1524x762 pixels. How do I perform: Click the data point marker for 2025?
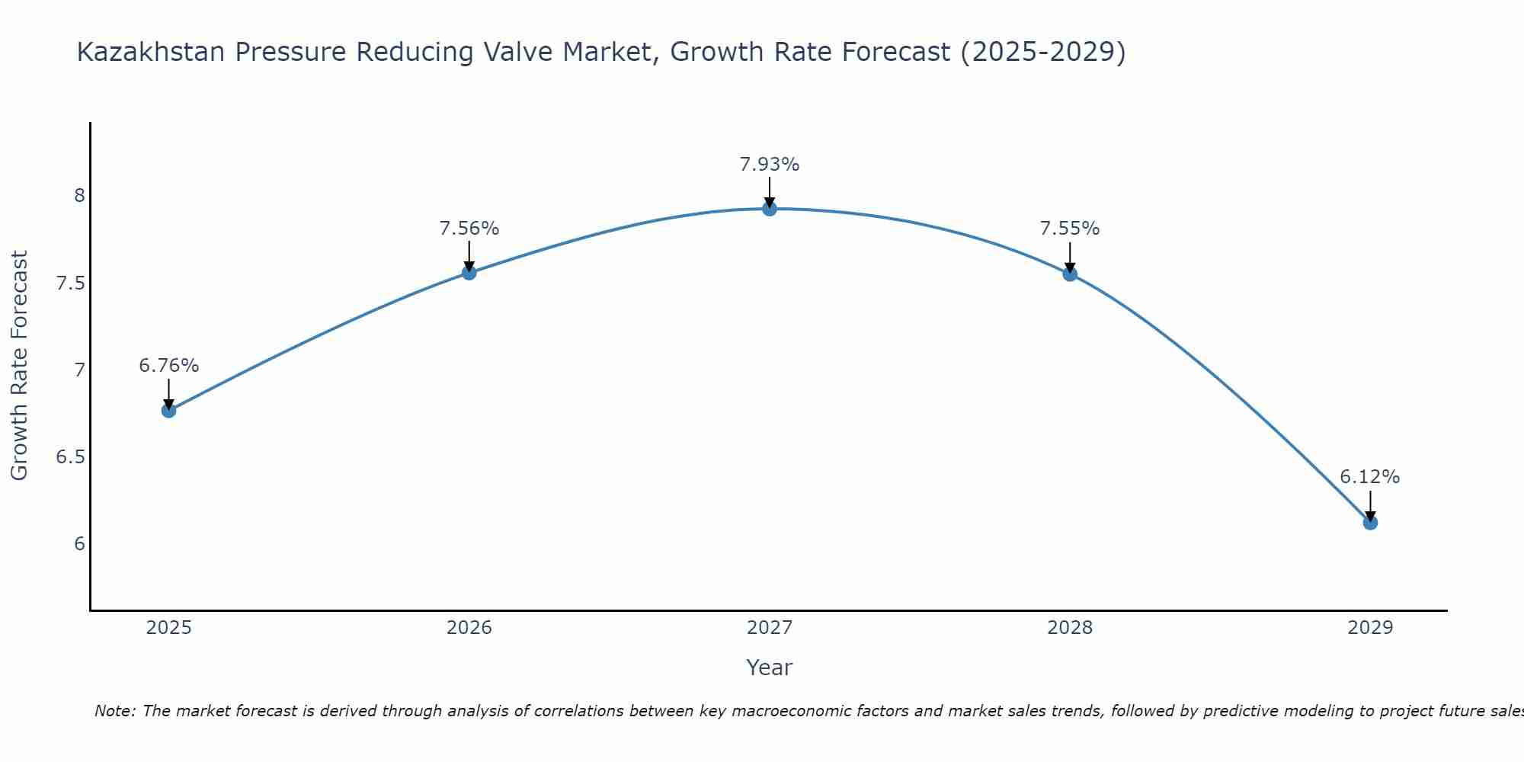[x=168, y=411]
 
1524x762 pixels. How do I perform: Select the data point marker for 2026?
[x=469, y=272]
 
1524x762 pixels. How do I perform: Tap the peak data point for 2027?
[x=770, y=208]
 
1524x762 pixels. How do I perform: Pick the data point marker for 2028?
[x=1070, y=274]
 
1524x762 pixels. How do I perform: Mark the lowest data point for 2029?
[x=1370, y=523]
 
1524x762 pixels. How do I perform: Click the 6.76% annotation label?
[x=168, y=366]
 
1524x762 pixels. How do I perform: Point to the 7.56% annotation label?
[x=469, y=229]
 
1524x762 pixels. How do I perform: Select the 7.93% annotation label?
[x=770, y=165]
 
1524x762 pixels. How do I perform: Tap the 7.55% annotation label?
[x=1070, y=229]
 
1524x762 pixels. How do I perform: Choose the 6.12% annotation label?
[x=1370, y=477]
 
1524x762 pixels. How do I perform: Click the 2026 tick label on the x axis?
[x=469, y=628]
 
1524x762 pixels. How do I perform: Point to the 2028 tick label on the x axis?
[x=1070, y=628]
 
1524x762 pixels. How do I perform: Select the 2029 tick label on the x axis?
[x=1370, y=628]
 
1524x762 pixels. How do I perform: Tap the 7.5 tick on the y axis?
[x=69, y=283]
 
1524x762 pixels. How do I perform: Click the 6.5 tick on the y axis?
[x=69, y=457]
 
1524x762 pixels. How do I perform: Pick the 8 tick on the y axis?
[x=79, y=197]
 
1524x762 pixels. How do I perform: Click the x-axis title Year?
[x=770, y=668]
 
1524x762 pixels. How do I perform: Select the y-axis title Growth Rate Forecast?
[x=20, y=366]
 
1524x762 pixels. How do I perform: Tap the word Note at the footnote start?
[x=114, y=711]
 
